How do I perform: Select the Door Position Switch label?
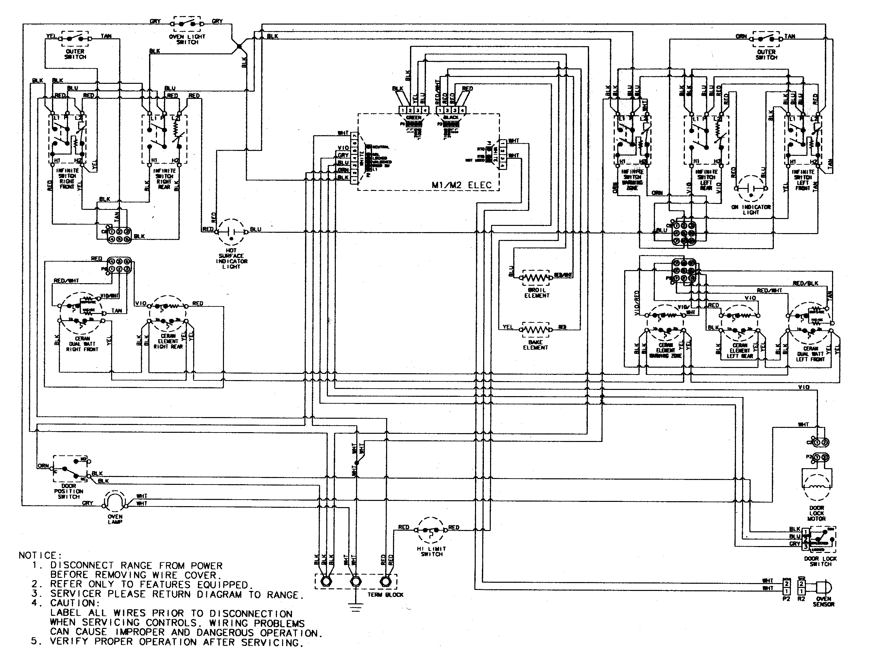pyautogui.click(x=68, y=491)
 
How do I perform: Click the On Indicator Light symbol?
pyautogui.click(x=751, y=189)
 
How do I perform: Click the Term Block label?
pyautogui.click(x=385, y=595)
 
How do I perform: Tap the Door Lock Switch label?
pyautogui.click(x=820, y=561)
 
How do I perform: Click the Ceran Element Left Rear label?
pyautogui.click(x=740, y=350)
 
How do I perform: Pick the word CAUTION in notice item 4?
pyautogui.click(x=72, y=603)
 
